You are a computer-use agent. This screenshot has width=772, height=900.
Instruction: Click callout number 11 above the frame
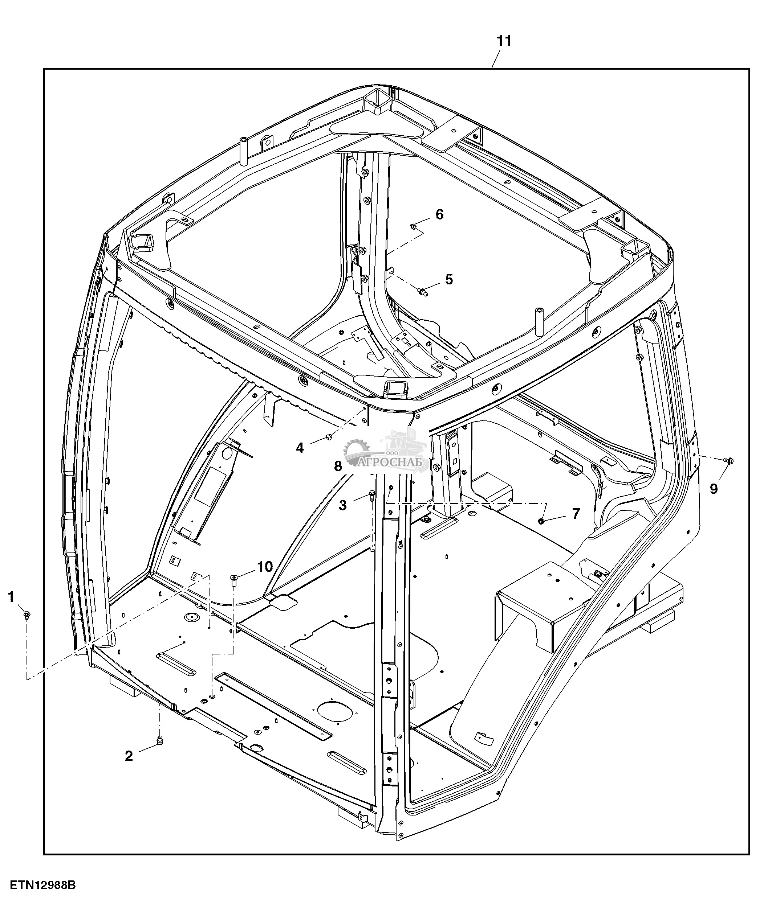tap(504, 41)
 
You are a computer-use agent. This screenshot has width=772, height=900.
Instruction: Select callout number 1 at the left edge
tap(11, 597)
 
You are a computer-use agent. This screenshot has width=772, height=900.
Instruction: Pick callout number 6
tap(440, 215)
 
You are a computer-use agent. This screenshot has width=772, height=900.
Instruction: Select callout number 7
tap(576, 514)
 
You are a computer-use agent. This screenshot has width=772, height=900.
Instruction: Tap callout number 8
tap(338, 467)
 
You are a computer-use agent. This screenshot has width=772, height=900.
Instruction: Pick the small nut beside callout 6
tap(413, 226)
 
